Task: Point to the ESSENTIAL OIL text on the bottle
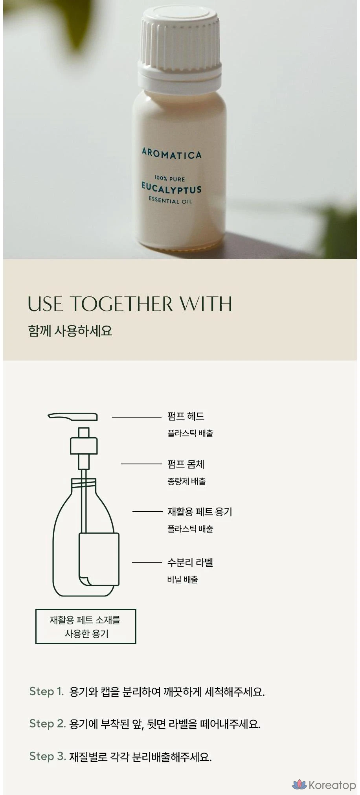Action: click(x=170, y=201)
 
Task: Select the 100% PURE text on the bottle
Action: click(x=169, y=179)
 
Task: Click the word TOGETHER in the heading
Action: click(x=121, y=304)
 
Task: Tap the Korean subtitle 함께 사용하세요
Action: click(x=70, y=331)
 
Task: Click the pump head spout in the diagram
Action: click(x=73, y=416)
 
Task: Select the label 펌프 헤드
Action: click(x=186, y=416)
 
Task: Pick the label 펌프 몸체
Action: click(x=186, y=464)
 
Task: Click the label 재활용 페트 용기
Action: click(x=200, y=512)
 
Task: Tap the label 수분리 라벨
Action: click(x=190, y=562)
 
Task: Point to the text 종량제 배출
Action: click(x=186, y=481)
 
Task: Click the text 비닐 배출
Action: click(x=182, y=580)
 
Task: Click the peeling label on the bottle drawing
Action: click(x=99, y=559)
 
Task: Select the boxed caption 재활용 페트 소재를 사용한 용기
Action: click(x=86, y=626)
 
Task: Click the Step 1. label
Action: click(x=46, y=691)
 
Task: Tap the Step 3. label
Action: click(x=48, y=756)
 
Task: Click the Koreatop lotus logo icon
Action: click(x=299, y=785)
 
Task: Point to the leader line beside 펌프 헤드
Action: click(x=137, y=417)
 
